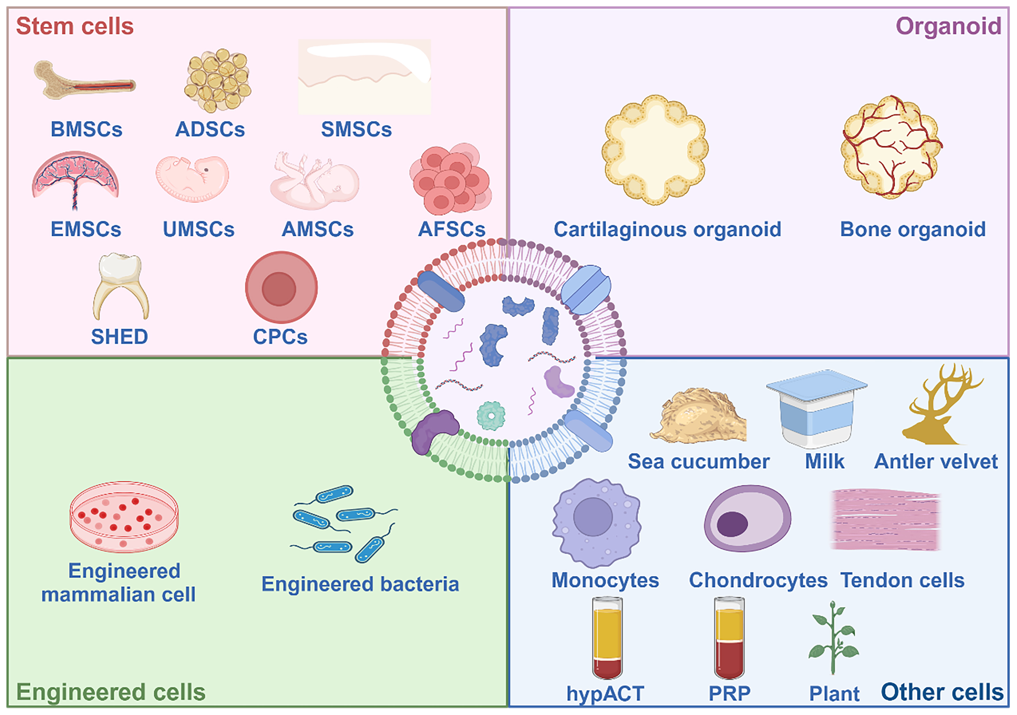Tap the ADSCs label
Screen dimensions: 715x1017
210,129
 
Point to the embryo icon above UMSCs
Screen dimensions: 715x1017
192,178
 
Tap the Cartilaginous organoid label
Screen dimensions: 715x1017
667,229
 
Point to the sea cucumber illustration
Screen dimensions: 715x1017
698,416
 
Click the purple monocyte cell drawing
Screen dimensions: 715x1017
596,522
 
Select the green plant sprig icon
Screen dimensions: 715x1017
833,638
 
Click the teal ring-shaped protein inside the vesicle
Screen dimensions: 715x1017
491,416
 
